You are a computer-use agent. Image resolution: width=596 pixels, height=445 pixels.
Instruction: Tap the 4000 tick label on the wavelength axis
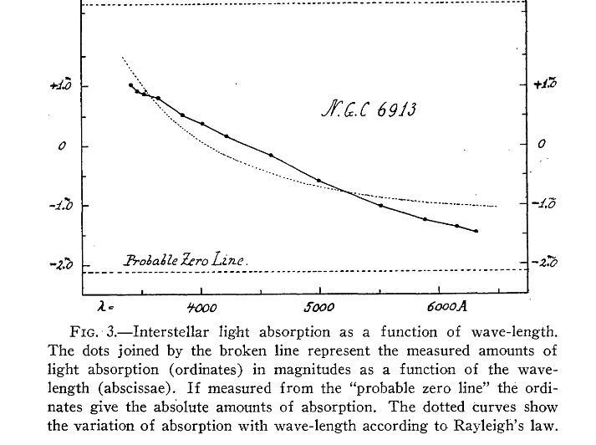click(202, 307)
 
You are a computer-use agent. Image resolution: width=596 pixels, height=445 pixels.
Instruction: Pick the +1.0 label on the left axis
click(62, 85)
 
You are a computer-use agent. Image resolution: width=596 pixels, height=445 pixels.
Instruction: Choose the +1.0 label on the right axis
click(546, 84)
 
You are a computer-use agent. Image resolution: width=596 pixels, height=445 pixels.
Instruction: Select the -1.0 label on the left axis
click(61, 206)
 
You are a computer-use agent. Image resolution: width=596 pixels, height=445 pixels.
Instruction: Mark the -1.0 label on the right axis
click(546, 203)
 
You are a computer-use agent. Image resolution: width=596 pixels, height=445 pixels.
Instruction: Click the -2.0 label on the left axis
click(61, 265)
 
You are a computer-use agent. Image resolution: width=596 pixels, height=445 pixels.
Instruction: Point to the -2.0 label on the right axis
click(546, 263)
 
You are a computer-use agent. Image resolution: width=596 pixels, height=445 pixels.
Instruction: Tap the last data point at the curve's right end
click(476, 231)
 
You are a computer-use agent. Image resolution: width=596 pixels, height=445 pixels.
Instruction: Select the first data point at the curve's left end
click(130, 84)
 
